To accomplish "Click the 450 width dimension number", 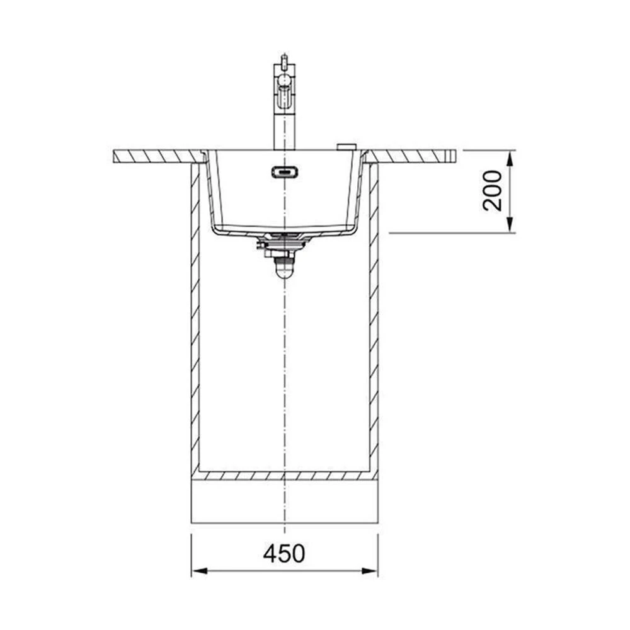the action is tap(284, 553).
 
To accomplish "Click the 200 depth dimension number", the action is tap(493, 191).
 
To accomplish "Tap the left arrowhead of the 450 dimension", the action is tap(200, 571).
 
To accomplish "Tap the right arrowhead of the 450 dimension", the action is tap(370, 571).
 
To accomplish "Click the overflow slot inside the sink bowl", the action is tap(285, 172).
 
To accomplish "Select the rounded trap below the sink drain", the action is tap(285, 268).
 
